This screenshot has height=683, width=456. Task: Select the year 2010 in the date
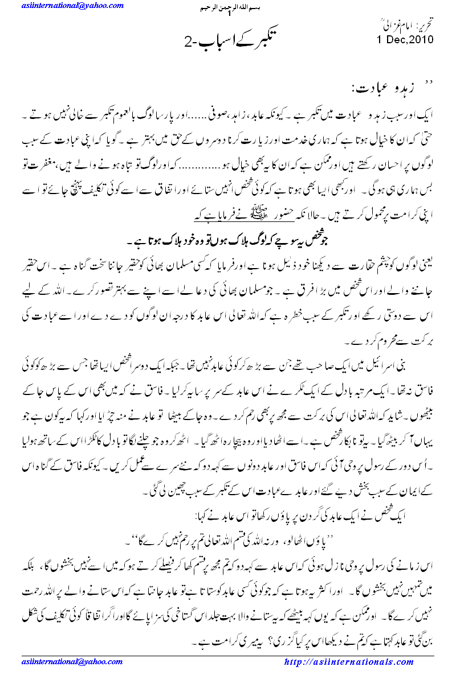coord(420,40)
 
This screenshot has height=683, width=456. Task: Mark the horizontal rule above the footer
coord(228,655)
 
